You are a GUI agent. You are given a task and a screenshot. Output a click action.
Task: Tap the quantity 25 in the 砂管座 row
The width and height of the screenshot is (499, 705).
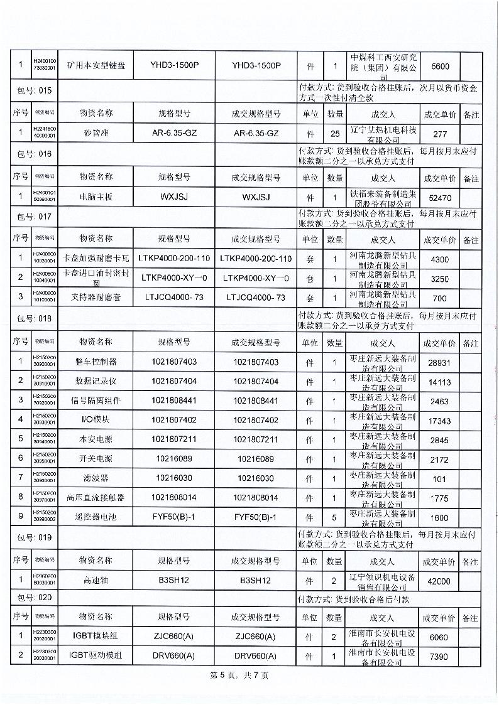[335, 134]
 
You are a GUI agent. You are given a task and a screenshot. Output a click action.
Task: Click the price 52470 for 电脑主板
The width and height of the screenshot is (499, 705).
[439, 197]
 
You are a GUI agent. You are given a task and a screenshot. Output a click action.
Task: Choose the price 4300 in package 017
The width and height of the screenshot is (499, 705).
[439, 259]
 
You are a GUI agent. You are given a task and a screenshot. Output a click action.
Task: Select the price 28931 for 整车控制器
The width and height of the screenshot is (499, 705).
[439, 363]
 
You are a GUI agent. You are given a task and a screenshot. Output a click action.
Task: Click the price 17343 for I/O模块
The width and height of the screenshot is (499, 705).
[439, 421]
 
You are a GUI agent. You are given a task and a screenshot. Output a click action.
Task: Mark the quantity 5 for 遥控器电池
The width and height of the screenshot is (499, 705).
[335, 518]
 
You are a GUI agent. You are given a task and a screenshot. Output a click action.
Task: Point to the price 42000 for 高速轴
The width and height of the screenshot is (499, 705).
[439, 581]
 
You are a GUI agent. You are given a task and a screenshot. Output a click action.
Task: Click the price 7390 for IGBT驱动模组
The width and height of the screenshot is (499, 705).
[439, 657]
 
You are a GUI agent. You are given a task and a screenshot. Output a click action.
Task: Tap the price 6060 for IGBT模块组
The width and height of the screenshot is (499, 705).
[439, 637]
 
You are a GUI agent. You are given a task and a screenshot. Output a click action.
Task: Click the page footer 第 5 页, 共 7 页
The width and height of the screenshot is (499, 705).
[239, 676]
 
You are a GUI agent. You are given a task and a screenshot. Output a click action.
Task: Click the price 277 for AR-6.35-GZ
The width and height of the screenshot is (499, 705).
[439, 134]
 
